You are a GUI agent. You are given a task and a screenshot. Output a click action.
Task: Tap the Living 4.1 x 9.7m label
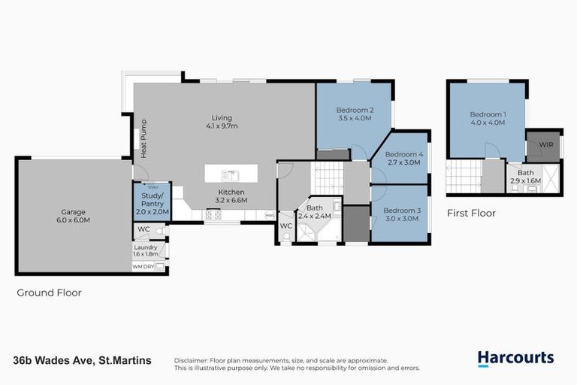point(222,122)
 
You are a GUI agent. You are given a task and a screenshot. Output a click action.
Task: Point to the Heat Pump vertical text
point(143,138)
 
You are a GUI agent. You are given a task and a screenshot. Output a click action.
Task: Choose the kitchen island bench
point(231,174)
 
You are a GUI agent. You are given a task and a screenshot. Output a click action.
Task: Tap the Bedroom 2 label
point(355,114)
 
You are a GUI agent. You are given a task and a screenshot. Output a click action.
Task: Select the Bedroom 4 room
point(405,158)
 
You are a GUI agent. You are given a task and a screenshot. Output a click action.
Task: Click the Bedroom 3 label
point(400,214)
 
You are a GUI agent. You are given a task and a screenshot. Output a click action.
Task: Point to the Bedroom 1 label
point(488,118)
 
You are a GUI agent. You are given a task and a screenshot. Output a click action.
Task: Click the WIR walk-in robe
point(543,145)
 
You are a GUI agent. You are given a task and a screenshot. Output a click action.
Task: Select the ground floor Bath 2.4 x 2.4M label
point(314,213)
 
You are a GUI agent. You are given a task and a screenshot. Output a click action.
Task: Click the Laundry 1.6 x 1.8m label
point(146,250)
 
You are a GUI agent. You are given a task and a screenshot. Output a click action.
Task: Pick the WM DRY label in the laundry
point(143,266)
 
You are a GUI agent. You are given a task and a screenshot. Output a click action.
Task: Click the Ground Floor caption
point(49,293)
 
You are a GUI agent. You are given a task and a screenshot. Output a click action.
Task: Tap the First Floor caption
point(471,213)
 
